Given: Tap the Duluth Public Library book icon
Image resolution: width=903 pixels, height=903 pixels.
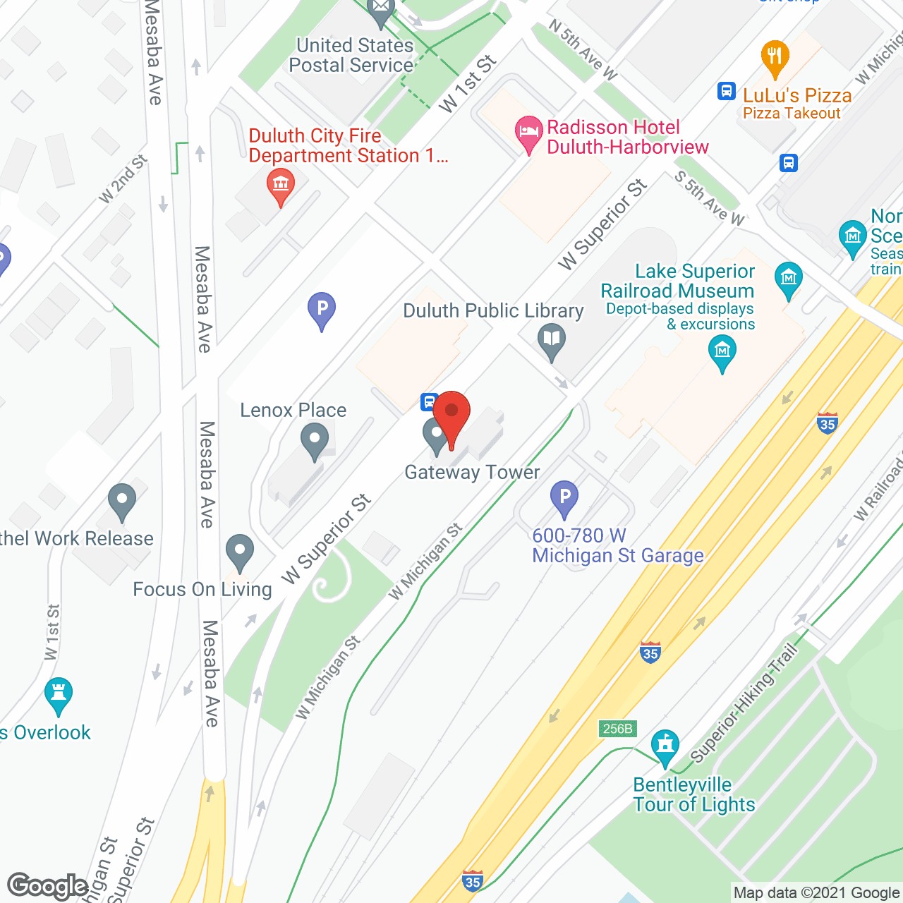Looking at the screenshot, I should (x=552, y=340).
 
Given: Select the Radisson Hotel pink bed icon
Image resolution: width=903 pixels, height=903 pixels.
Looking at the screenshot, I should (x=528, y=133).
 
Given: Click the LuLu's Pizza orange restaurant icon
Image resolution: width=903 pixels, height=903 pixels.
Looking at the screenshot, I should (x=775, y=57).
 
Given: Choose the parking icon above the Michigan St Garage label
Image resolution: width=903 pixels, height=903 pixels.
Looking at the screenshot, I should (x=564, y=497).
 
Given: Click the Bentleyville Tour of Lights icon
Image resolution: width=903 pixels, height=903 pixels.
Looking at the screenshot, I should (x=665, y=746).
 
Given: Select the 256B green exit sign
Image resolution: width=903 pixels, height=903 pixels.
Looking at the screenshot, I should (x=617, y=728).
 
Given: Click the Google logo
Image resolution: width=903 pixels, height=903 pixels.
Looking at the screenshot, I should (x=48, y=886).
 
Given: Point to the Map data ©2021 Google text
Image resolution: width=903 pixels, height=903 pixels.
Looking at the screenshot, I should (x=816, y=893).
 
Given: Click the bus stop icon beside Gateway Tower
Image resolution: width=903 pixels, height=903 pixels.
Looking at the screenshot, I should (x=428, y=402).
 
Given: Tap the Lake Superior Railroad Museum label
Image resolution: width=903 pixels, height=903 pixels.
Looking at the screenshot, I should (x=677, y=281).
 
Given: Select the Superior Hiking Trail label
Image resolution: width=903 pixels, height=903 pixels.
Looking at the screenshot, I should (x=744, y=703).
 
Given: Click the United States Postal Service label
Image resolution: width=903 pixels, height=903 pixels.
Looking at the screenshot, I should (x=352, y=55).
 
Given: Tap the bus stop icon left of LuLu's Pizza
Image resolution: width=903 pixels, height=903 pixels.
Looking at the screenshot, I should (x=726, y=91).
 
